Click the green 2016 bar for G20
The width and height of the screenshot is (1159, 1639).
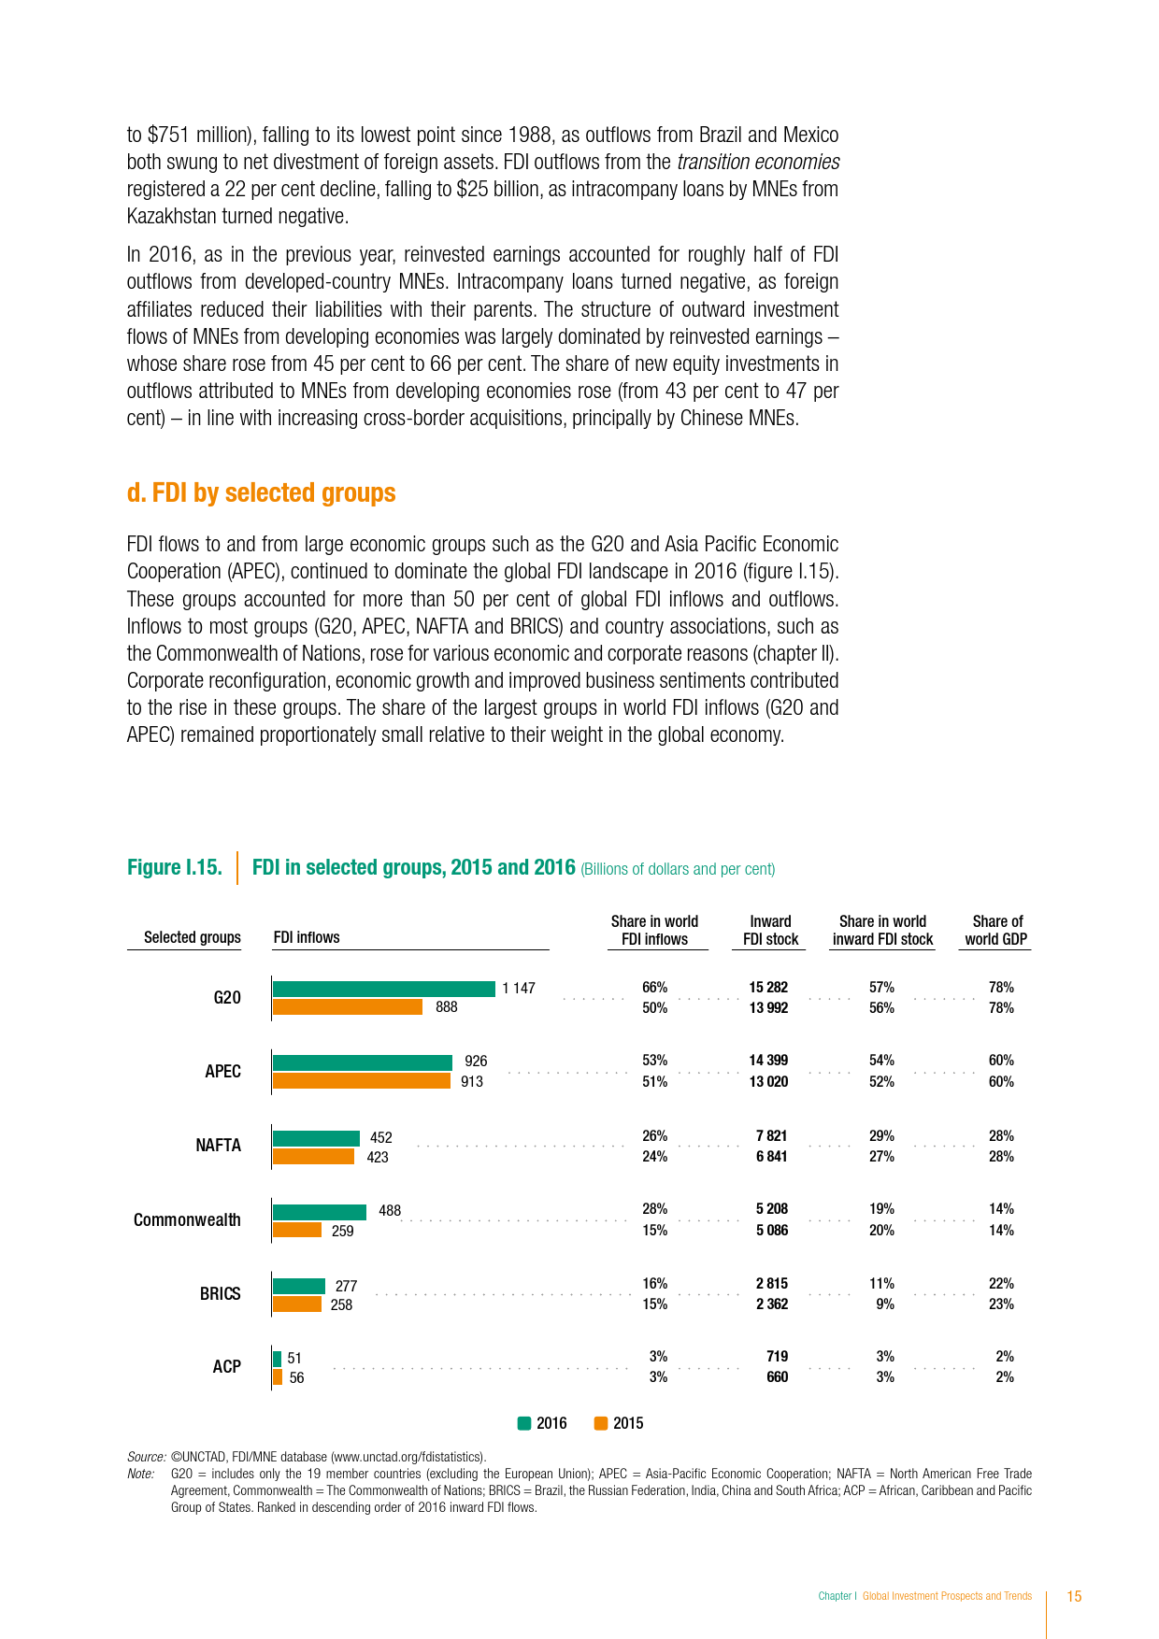(383, 989)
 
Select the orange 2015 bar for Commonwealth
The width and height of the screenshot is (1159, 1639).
(297, 1230)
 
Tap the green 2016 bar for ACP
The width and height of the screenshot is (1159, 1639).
(278, 1358)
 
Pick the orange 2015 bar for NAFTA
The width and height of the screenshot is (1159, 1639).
(313, 1157)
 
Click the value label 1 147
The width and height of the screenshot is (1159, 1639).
(519, 989)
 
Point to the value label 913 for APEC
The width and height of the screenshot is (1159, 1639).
(472, 1081)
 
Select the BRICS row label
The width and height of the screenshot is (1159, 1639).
(221, 1294)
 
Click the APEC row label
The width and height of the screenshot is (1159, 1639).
(223, 1072)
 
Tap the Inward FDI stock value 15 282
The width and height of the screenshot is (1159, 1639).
(768, 988)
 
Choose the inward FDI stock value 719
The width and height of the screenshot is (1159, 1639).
(777, 1356)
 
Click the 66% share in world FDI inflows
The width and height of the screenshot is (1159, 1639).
(654, 988)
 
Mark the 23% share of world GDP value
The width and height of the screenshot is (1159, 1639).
(1001, 1304)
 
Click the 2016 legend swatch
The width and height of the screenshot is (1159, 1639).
(524, 1423)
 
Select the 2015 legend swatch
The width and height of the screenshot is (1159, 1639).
(601, 1423)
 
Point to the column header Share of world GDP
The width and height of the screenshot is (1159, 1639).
(996, 931)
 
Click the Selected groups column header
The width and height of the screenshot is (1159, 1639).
(193, 937)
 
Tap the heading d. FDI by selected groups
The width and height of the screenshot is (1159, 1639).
(262, 493)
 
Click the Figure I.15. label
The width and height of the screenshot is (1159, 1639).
(175, 868)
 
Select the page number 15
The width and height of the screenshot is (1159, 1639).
(1074, 1596)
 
